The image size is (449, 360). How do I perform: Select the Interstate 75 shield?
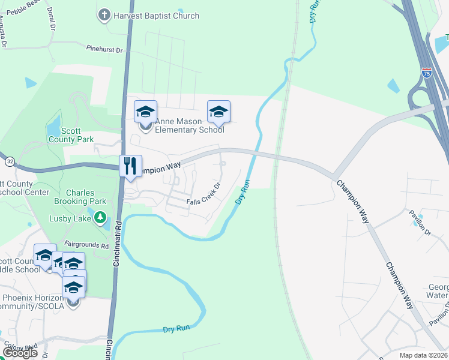427,73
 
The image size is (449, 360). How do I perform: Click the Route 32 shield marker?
10,161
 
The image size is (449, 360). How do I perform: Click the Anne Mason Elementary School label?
189,125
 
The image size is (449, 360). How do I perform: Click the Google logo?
21,353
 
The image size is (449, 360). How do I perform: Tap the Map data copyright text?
424,355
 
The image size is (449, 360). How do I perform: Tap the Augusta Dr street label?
4,33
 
